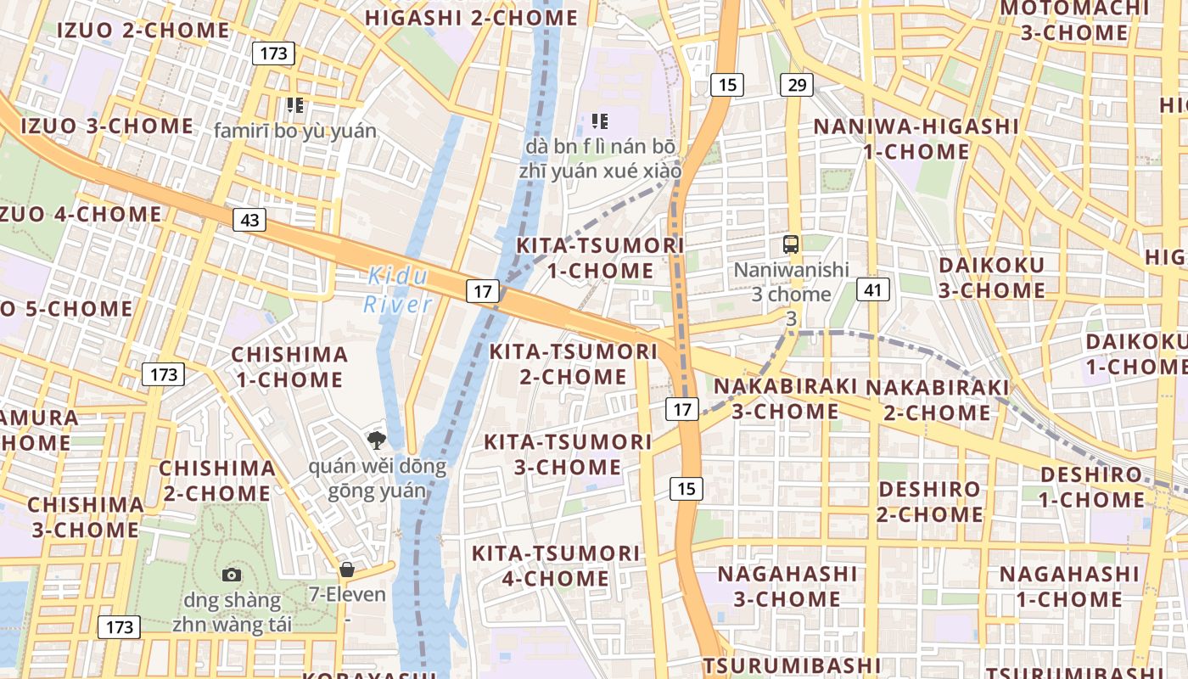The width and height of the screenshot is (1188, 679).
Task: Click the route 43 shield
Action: [249, 221]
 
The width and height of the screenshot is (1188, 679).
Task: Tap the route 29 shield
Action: [796, 85]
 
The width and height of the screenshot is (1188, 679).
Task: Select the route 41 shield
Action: [872, 290]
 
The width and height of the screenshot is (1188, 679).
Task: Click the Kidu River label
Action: [398, 290]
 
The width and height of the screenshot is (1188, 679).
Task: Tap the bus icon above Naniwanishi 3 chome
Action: [791, 244]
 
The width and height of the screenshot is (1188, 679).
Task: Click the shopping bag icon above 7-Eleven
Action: [346, 569]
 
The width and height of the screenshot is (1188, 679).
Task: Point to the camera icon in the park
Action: [231, 575]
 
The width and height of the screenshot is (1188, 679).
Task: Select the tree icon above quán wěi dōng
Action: [376, 440]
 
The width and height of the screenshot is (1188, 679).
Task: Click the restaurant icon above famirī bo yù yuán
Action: [294, 105]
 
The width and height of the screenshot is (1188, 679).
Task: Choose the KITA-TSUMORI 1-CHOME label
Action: [600, 258]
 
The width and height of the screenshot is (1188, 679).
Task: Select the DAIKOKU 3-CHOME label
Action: [991, 278]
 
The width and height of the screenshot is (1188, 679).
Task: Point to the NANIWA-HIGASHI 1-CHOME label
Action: [916, 139]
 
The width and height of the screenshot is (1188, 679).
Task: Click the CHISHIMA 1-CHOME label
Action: [289, 367]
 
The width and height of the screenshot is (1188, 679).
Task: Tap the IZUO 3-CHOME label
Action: [107, 126]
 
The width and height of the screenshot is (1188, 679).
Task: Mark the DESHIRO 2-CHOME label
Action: [929, 502]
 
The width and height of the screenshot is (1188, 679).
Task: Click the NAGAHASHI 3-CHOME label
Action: [787, 586]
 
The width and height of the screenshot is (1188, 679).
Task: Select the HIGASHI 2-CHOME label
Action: [471, 18]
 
